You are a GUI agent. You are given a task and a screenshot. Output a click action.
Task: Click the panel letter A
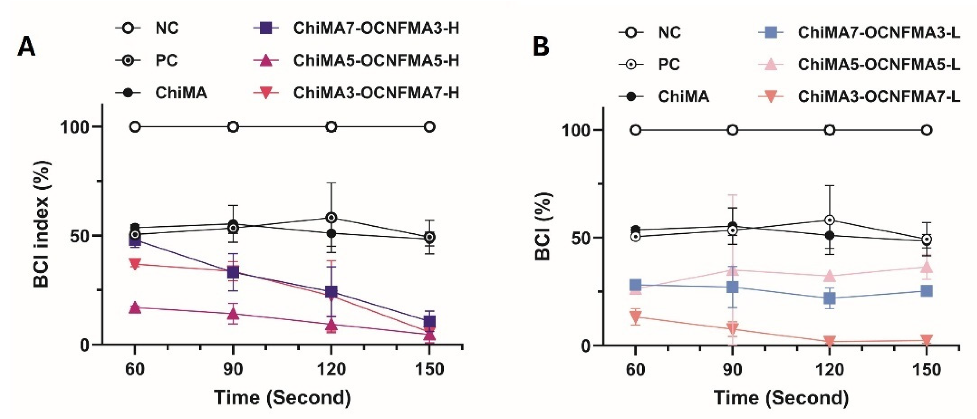point(27,47)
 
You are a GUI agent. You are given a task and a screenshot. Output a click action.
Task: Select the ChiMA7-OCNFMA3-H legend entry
point(375,28)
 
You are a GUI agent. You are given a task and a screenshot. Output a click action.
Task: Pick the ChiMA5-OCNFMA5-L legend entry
point(879,64)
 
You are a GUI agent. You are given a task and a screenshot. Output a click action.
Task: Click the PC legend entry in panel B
point(669,64)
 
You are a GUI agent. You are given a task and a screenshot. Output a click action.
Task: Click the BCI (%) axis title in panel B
point(543,227)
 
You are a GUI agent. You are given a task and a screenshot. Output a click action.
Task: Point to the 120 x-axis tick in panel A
point(332,369)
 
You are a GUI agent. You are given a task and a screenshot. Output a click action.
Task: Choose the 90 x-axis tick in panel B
point(732,369)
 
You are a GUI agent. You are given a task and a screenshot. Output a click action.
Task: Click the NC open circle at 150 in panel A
point(429,127)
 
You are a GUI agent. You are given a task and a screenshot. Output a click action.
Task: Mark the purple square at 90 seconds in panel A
point(233,272)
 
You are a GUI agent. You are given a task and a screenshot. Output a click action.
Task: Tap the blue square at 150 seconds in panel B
point(926,291)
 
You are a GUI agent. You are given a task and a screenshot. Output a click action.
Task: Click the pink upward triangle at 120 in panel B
point(829,276)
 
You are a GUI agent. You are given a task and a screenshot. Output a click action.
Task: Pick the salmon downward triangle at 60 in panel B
point(635,316)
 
